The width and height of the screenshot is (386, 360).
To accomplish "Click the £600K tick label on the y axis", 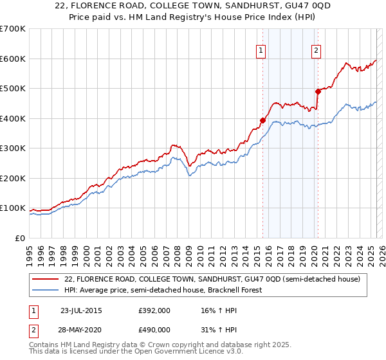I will coord(13,59).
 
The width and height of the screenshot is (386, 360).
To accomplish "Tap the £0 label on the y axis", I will coord(21,238).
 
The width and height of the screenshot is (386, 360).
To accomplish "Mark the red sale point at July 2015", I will coord(262,120).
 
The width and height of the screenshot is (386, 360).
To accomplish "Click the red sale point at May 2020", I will coord(318,91).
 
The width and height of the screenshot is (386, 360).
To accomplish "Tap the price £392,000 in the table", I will coord(154,310).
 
